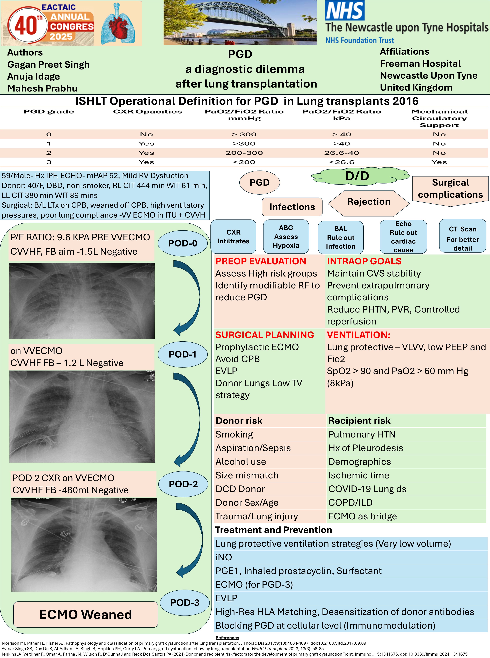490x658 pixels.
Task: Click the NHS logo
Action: click(x=345, y=11)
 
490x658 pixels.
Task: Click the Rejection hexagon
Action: click(x=369, y=202)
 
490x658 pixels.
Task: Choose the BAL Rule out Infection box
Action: click(x=340, y=237)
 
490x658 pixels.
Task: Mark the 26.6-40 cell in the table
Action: click(x=341, y=153)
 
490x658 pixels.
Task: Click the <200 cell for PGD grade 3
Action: click(x=244, y=162)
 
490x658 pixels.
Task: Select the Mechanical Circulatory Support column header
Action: click(x=439, y=118)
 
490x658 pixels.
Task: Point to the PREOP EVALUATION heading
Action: click(x=260, y=261)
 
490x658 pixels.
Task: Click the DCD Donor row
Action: click(x=240, y=489)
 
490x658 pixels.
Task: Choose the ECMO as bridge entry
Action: click(x=362, y=516)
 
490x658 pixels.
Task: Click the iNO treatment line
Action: click(x=224, y=557)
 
